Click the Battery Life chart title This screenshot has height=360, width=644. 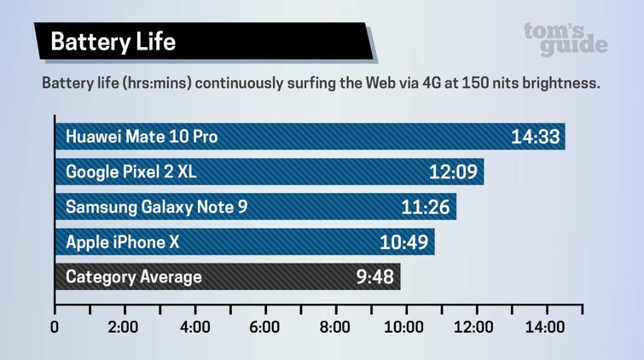[113, 42]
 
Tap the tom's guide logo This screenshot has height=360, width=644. [566, 38]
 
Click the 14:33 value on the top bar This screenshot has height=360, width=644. [534, 136]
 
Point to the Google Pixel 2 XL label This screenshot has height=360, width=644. [131, 171]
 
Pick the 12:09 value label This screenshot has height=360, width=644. [452, 171]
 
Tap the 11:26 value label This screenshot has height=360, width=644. [425, 206]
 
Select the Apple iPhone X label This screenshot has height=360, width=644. [122, 241]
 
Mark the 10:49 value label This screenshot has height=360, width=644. [403, 241]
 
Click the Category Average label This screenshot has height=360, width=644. [134, 276]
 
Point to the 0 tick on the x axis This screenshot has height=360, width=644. [55, 328]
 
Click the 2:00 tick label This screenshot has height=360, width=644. [125, 328]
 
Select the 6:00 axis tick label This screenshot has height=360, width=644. [264, 328]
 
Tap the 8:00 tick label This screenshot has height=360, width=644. [334, 328]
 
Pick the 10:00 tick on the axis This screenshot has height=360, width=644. [404, 328]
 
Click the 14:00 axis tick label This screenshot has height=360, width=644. [544, 328]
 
